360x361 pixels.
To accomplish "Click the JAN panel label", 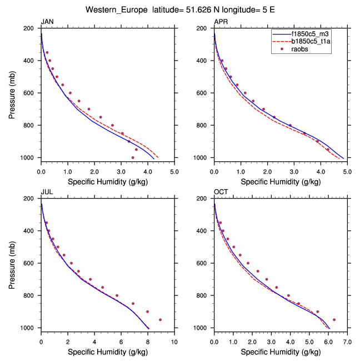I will point(48,22).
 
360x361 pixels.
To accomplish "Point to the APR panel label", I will point(221,22).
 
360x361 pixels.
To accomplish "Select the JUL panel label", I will point(47,192).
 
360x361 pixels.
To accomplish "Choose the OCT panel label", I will point(221,192).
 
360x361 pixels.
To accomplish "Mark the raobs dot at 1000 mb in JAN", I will point(133,157).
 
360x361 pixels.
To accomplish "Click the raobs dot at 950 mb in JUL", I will point(160,320).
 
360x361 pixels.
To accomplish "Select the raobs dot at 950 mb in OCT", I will point(334,320).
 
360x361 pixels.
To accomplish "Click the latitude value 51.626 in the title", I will point(207,9).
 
